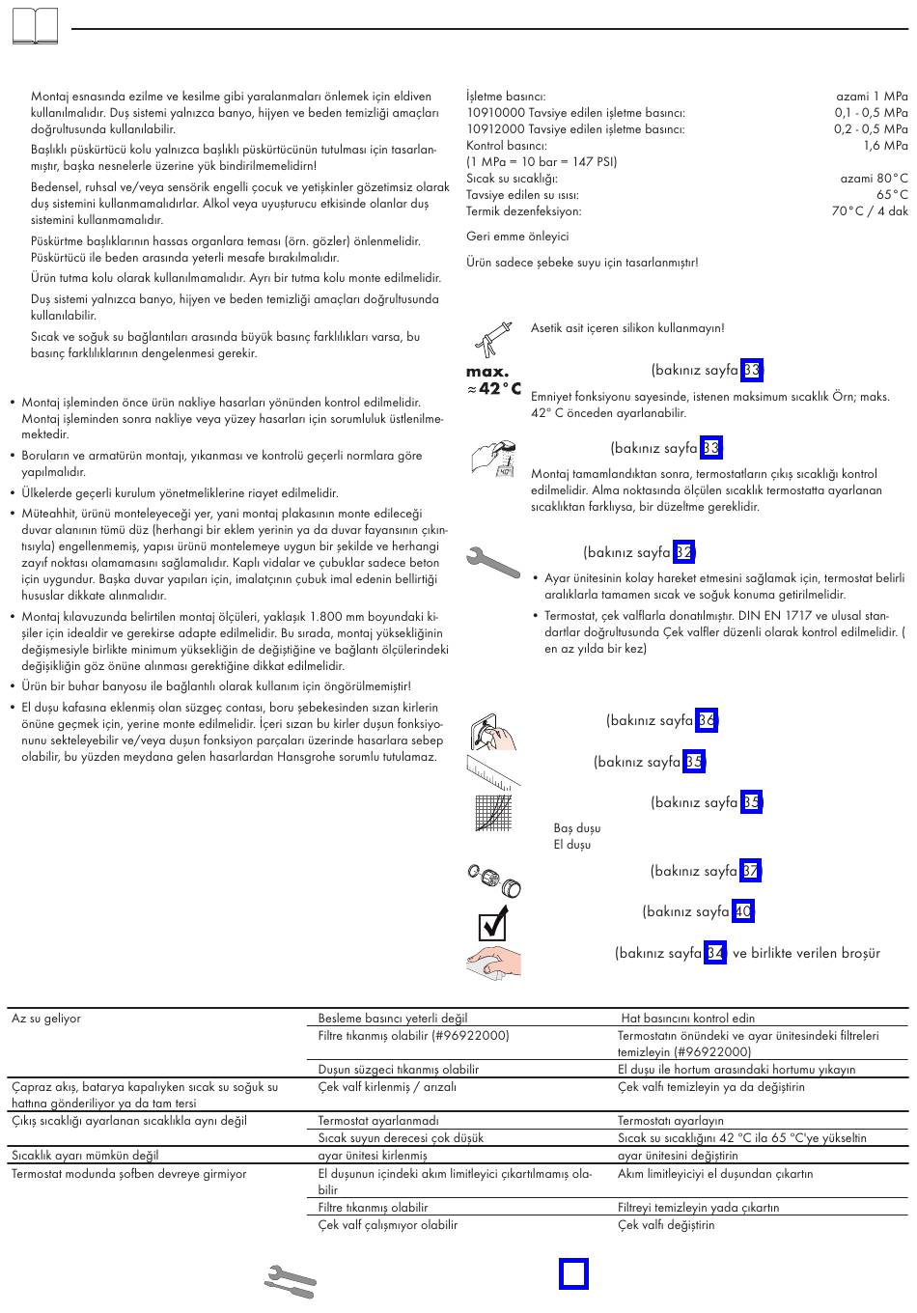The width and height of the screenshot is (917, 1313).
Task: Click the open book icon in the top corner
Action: coord(35,26)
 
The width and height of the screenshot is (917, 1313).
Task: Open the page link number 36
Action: coord(707,720)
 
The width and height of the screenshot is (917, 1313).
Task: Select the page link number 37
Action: coord(751,871)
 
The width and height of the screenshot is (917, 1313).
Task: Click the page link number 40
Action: coord(742,911)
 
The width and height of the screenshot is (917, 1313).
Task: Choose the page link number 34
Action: coord(715,953)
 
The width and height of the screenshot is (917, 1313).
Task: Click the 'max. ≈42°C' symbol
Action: coord(493,380)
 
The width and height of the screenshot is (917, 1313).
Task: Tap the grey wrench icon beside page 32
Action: coord(492,563)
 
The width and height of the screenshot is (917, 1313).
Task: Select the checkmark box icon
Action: coord(493,925)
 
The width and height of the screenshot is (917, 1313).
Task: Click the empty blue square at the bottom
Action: coord(573,1273)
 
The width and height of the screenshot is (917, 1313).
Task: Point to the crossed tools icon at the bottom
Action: coord(290,1280)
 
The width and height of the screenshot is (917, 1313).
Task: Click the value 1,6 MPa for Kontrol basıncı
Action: coord(885,145)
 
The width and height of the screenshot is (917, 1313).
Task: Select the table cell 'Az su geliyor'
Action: coord(46,1019)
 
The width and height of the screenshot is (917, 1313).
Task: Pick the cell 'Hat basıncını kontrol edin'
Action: coord(688,1019)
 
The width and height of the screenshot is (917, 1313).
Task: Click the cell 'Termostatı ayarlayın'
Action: coord(671,1121)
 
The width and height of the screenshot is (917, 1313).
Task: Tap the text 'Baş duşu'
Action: coord(577,828)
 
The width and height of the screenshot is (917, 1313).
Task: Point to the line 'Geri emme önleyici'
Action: coord(517,237)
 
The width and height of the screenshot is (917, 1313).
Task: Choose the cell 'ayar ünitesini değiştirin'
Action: coord(678,1156)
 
